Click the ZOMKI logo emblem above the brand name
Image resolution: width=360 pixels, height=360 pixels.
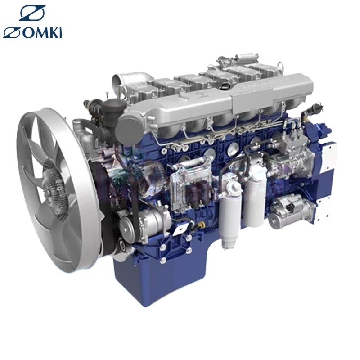click(32, 13)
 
